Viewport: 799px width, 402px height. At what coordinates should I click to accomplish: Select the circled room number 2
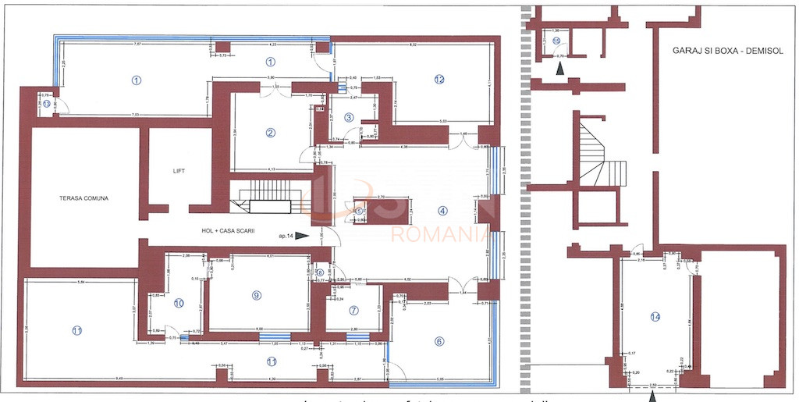[x=270, y=132]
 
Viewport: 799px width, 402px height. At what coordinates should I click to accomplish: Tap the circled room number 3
[x=349, y=117]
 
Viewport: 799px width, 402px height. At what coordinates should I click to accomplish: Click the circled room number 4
[x=442, y=210]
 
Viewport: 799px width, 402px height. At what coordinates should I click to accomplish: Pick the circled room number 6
[x=439, y=340]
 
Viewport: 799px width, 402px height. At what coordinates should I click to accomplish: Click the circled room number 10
[x=179, y=303]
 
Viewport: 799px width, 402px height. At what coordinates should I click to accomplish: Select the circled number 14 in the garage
[x=655, y=317]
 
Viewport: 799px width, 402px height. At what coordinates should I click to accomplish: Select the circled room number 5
[x=359, y=211]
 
